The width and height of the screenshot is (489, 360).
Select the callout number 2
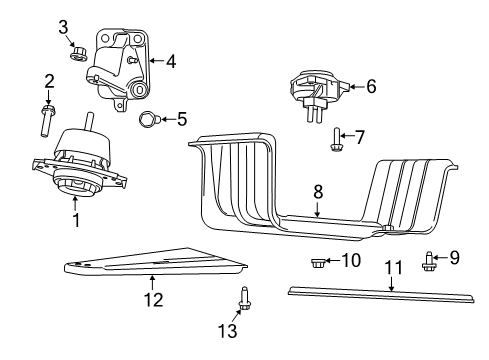coord(48,80)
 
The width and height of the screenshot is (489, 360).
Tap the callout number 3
coord(62,27)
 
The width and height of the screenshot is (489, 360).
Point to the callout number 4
coord(171,61)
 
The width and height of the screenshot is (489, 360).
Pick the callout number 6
coord(371,87)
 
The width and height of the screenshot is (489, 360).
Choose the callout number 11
coord(392,267)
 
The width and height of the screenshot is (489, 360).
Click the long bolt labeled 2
coord(48,119)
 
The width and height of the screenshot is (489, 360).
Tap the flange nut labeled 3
coord(77,52)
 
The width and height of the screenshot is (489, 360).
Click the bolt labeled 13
coord(242,297)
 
